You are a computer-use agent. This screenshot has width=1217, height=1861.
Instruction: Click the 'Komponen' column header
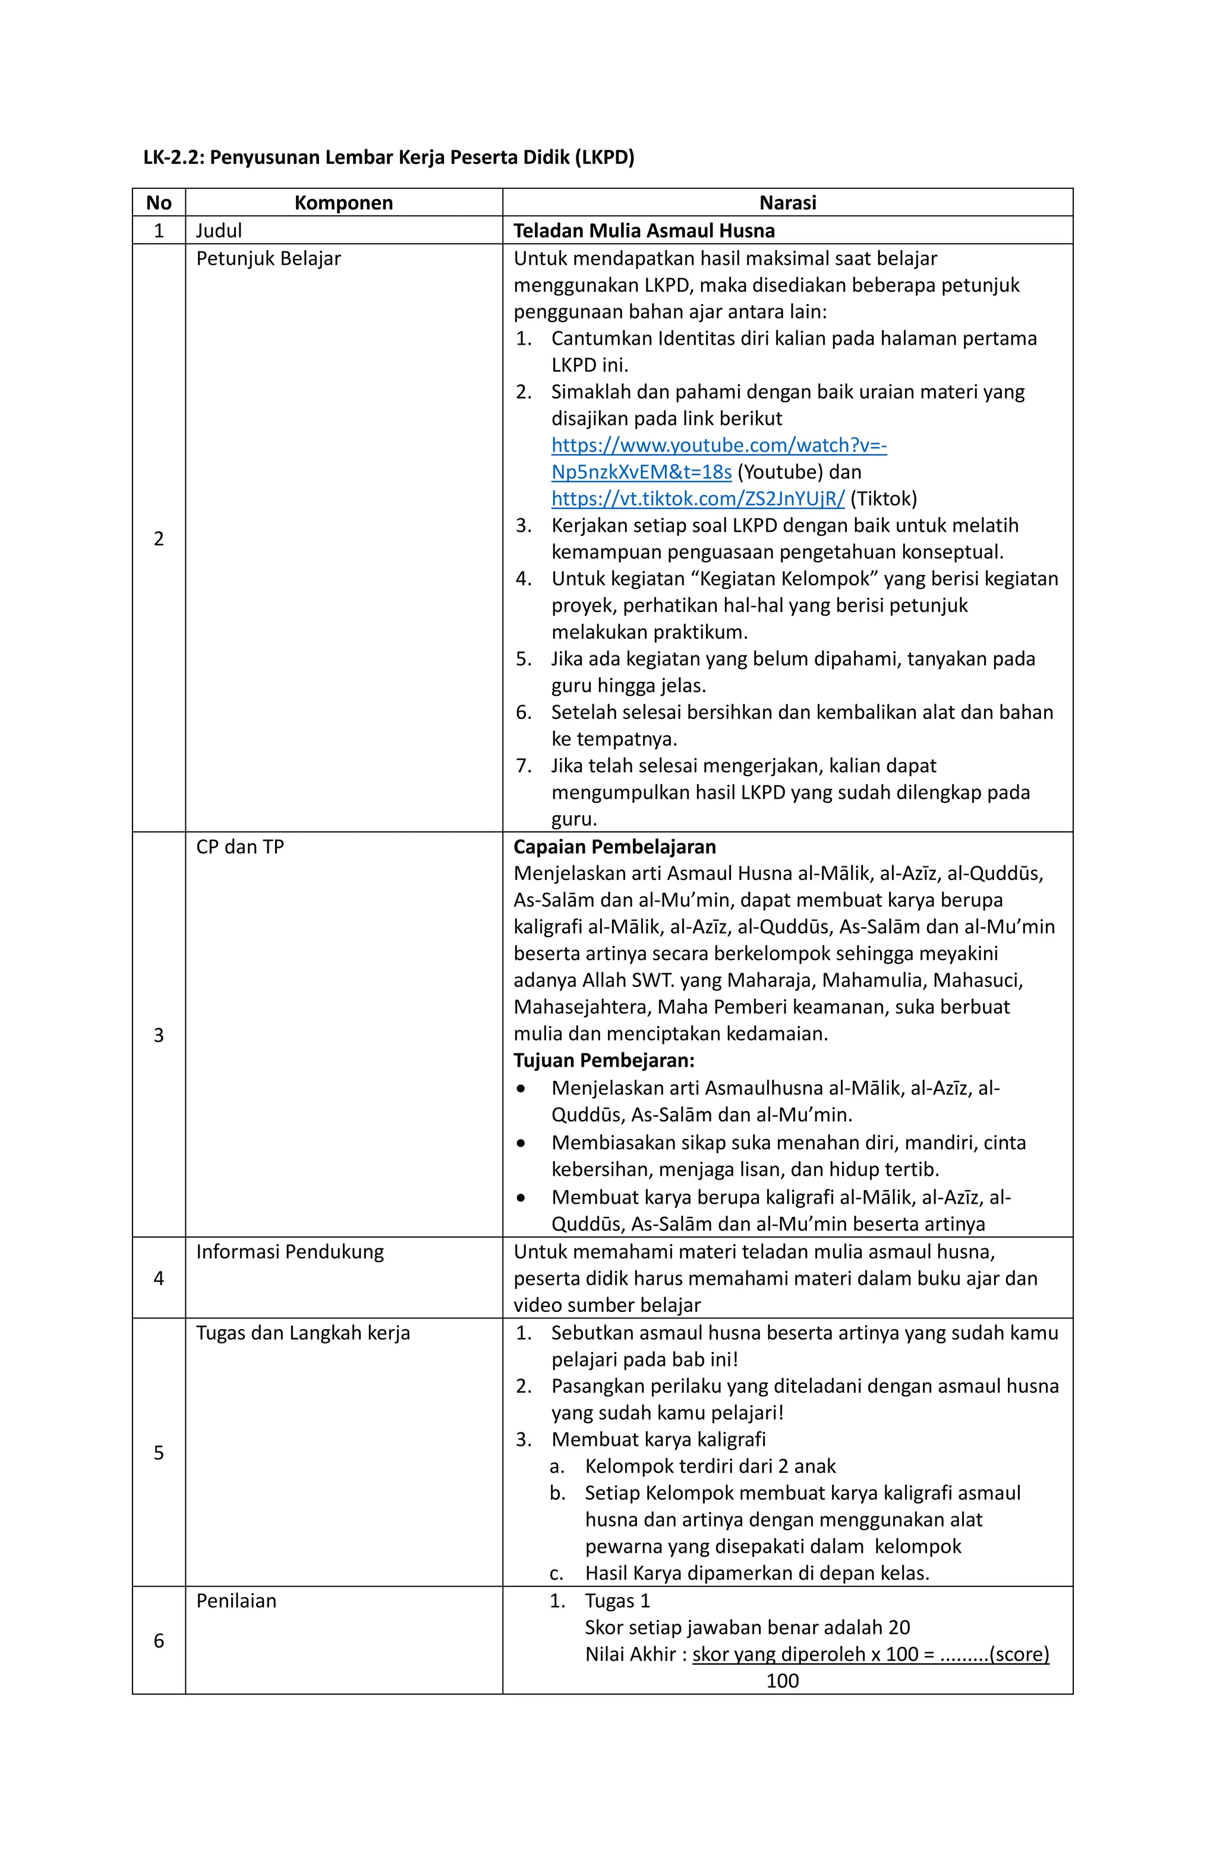tap(343, 203)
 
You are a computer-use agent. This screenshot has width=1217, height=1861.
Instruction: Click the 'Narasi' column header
tap(787, 203)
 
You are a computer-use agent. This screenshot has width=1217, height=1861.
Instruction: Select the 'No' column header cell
tap(159, 203)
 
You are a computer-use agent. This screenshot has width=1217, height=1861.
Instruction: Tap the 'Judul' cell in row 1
tap(219, 231)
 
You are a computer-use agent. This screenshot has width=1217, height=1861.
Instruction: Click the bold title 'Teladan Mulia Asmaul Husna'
tap(644, 231)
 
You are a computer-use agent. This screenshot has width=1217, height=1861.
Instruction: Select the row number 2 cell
tap(159, 538)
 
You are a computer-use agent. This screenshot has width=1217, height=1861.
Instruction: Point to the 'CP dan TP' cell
tap(240, 847)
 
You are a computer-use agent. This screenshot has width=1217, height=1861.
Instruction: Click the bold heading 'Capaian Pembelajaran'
tap(614, 847)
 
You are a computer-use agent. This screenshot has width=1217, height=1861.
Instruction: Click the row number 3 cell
tap(159, 1034)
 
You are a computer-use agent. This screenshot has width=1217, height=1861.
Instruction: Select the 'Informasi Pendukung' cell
tap(290, 1251)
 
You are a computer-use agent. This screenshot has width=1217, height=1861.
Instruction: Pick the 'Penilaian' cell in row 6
tap(236, 1601)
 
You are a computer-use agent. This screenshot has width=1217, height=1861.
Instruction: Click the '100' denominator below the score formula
tap(782, 1680)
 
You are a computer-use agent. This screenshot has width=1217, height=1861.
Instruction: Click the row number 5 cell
tap(159, 1452)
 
